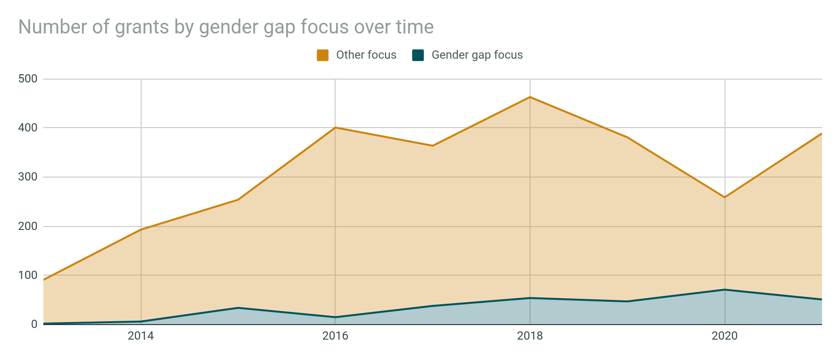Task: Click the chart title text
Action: point(226,27)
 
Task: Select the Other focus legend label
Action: point(366,55)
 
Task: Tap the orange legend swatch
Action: point(323,55)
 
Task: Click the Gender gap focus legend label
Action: point(477,55)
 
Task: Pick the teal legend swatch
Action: point(418,55)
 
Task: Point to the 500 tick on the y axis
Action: point(28,79)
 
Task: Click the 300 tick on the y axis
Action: point(28,177)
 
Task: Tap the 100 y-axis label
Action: point(28,275)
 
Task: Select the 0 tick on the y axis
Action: point(34,324)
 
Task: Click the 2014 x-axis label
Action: point(141,336)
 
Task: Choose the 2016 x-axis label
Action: point(335,336)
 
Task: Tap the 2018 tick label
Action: point(530,336)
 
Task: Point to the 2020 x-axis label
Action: point(725,336)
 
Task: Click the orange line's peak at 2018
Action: point(530,97)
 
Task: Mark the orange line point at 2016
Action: point(335,128)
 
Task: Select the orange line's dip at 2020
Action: point(725,197)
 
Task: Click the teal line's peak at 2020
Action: point(725,290)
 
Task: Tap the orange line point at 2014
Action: point(141,229)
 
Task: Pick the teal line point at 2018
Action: point(530,298)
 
